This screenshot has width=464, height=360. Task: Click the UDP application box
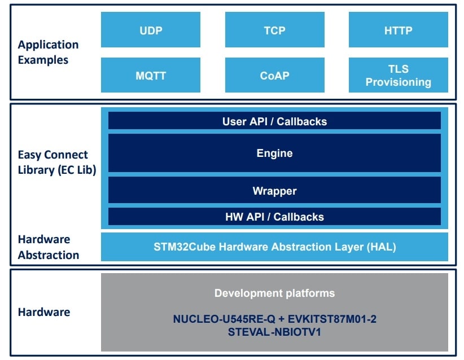pyautogui.click(x=150, y=30)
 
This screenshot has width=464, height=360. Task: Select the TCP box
pyautogui.click(x=274, y=30)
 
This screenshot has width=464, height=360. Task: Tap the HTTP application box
pyautogui.click(x=398, y=30)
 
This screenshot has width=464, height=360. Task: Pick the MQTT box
pyautogui.click(x=150, y=75)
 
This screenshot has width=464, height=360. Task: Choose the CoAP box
pyautogui.click(x=274, y=75)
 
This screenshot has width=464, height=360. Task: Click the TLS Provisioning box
pyautogui.click(x=398, y=75)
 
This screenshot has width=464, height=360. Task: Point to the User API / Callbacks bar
pyautogui.click(x=274, y=121)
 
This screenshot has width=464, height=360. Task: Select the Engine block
pyautogui.click(x=274, y=153)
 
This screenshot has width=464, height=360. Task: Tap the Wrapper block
pyautogui.click(x=274, y=191)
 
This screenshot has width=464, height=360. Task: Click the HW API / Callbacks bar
pyautogui.click(x=274, y=217)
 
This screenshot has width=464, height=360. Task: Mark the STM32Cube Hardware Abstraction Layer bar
pyautogui.click(x=274, y=247)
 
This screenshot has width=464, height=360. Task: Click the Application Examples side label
pyautogui.click(x=48, y=52)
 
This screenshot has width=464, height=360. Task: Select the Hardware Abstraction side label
pyautogui.click(x=48, y=247)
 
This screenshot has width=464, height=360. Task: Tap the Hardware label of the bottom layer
pyautogui.click(x=44, y=312)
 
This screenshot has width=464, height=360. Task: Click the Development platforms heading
pyautogui.click(x=274, y=293)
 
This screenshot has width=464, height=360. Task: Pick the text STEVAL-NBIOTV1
pyautogui.click(x=274, y=332)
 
